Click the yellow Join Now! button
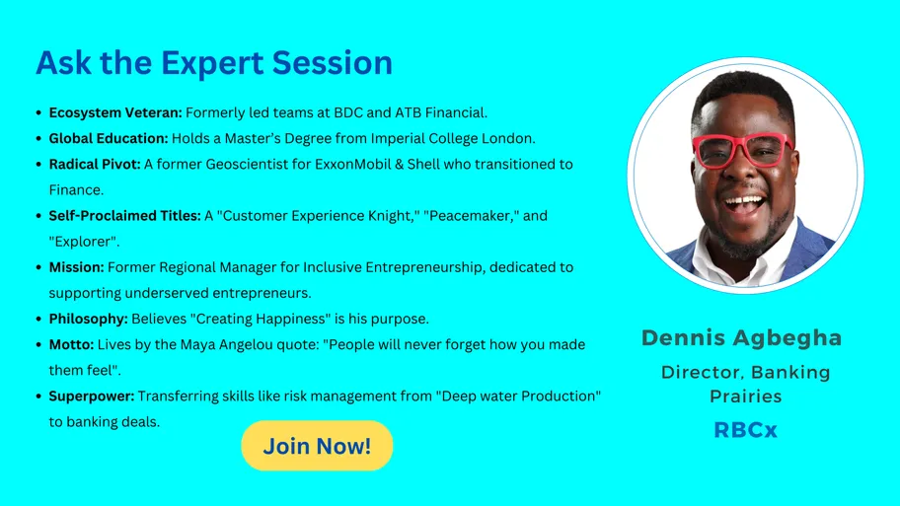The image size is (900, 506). (x=317, y=446)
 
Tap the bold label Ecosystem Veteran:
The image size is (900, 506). (x=115, y=112)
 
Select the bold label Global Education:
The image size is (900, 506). (x=109, y=138)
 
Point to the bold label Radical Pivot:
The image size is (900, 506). (x=95, y=164)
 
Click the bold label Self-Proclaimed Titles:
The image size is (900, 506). (x=124, y=216)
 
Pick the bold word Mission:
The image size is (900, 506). (x=76, y=267)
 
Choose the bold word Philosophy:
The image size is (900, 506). (x=89, y=319)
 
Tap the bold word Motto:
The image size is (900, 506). (x=71, y=345)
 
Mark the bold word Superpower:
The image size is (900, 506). (x=92, y=397)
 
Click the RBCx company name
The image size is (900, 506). (x=745, y=430)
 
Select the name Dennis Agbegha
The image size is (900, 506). (x=741, y=338)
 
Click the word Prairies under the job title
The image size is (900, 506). (x=746, y=397)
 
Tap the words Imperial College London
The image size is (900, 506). (x=453, y=138)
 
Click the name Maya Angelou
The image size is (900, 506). (x=219, y=345)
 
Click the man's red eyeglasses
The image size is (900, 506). (x=743, y=150)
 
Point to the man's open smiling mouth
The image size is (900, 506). (x=744, y=205)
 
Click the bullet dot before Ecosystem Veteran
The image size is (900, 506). (x=38, y=113)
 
